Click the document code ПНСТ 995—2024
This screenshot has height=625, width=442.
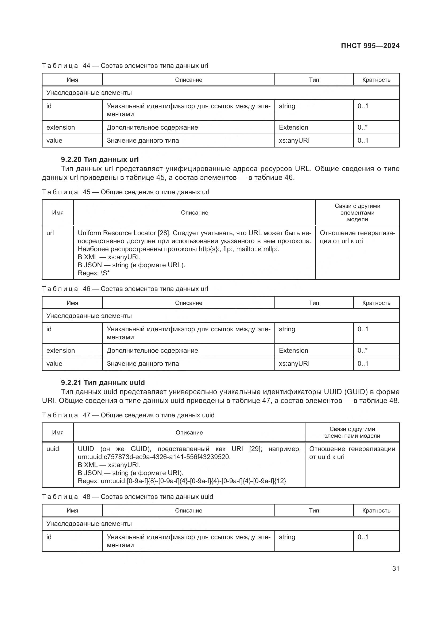(370, 46)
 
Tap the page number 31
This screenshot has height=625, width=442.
(396, 568)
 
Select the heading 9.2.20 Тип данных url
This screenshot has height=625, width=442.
(100, 160)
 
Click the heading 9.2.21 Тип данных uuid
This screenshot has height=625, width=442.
(103, 382)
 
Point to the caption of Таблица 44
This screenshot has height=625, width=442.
(125, 66)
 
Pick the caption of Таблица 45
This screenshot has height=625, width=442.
(126, 192)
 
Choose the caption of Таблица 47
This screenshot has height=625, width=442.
(128, 415)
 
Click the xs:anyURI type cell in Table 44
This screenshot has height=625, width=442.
(294, 141)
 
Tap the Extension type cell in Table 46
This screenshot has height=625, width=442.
(293, 350)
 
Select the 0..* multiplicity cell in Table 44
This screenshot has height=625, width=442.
(363, 127)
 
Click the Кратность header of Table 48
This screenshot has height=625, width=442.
(376, 510)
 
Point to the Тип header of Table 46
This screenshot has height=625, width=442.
(314, 303)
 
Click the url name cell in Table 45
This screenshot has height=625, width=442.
(50, 233)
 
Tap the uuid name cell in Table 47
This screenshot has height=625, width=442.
(53, 449)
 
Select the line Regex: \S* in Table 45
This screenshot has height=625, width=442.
(94, 273)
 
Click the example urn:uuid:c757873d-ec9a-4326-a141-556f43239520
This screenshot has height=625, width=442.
(154, 457)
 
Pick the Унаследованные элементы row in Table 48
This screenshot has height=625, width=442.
(89, 523)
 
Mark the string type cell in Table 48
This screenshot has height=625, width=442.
(287, 537)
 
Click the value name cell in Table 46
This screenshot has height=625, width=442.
(54, 363)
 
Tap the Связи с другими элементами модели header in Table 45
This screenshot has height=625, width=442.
(357, 213)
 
